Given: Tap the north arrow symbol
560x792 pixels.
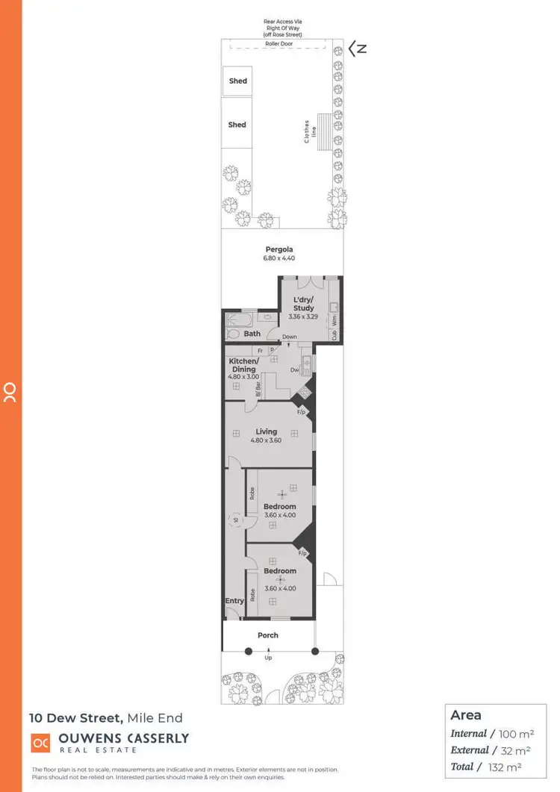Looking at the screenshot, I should coord(358,49).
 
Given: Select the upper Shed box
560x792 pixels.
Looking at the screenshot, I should coord(237,81).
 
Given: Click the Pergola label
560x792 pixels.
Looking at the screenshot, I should coord(279,249).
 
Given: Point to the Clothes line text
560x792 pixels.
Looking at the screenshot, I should coord(310,134).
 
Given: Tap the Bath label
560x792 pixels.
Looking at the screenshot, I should coord(252,334).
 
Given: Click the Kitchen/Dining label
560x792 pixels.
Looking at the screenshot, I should coord(243,365).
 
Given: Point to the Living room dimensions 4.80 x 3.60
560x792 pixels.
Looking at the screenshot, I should coord(267,440).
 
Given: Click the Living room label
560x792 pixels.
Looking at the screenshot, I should coord(267,431).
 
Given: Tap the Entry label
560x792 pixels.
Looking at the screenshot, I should coord(234,601).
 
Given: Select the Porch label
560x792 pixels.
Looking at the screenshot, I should coord(268,635).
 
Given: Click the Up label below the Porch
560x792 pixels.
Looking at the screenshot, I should coord(268,658).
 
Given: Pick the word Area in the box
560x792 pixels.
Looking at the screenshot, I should coord(467,715).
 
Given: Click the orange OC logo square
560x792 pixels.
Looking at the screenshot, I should coord(39,743).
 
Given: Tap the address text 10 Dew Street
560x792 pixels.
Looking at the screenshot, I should coord(75,718).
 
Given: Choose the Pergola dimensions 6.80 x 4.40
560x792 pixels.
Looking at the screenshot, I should coord(279,258).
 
